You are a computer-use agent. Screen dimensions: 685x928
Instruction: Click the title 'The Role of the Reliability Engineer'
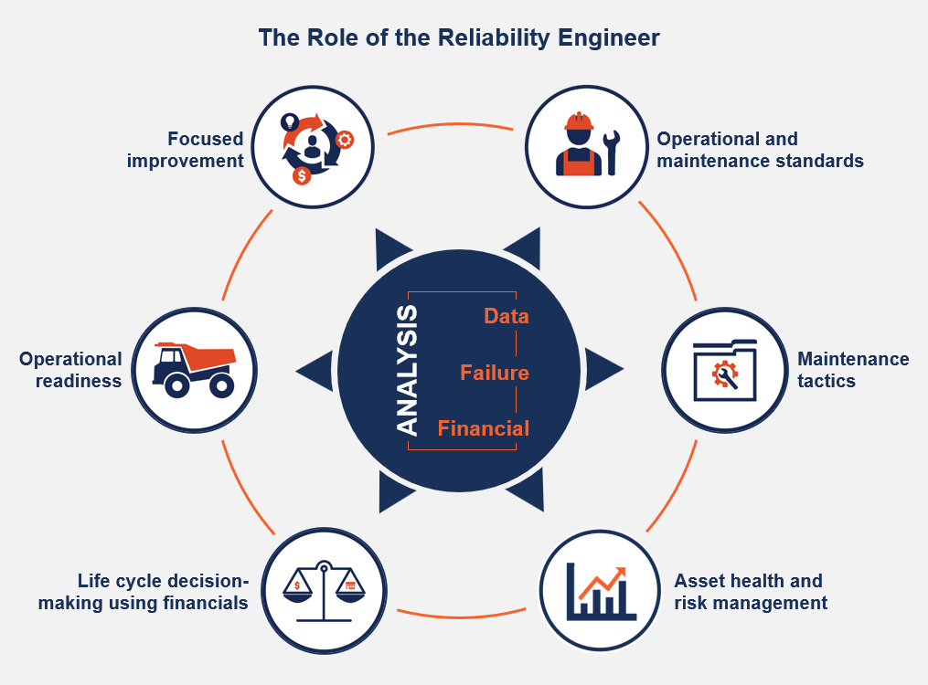(458, 38)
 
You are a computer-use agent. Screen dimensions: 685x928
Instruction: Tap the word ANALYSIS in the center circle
(407, 370)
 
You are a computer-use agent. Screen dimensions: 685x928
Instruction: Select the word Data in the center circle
(507, 316)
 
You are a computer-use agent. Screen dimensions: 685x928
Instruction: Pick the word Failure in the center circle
(495, 373)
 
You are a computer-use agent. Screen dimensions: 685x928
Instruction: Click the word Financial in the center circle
(483, 428)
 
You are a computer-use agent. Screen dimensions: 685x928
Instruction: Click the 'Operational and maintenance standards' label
(760, 150)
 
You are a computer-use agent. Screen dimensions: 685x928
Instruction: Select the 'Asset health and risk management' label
(750, 592)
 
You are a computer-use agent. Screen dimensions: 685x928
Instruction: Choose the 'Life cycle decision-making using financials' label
(144, 592)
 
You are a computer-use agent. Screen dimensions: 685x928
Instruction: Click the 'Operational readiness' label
(70, 370)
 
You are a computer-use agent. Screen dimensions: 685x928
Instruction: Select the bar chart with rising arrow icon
(600, 590)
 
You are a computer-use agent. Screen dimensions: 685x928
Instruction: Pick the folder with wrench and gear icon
(724, 370)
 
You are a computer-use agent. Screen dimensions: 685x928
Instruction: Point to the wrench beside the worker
(612, 152)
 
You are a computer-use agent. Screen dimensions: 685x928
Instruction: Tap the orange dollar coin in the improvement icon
(301, 176)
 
